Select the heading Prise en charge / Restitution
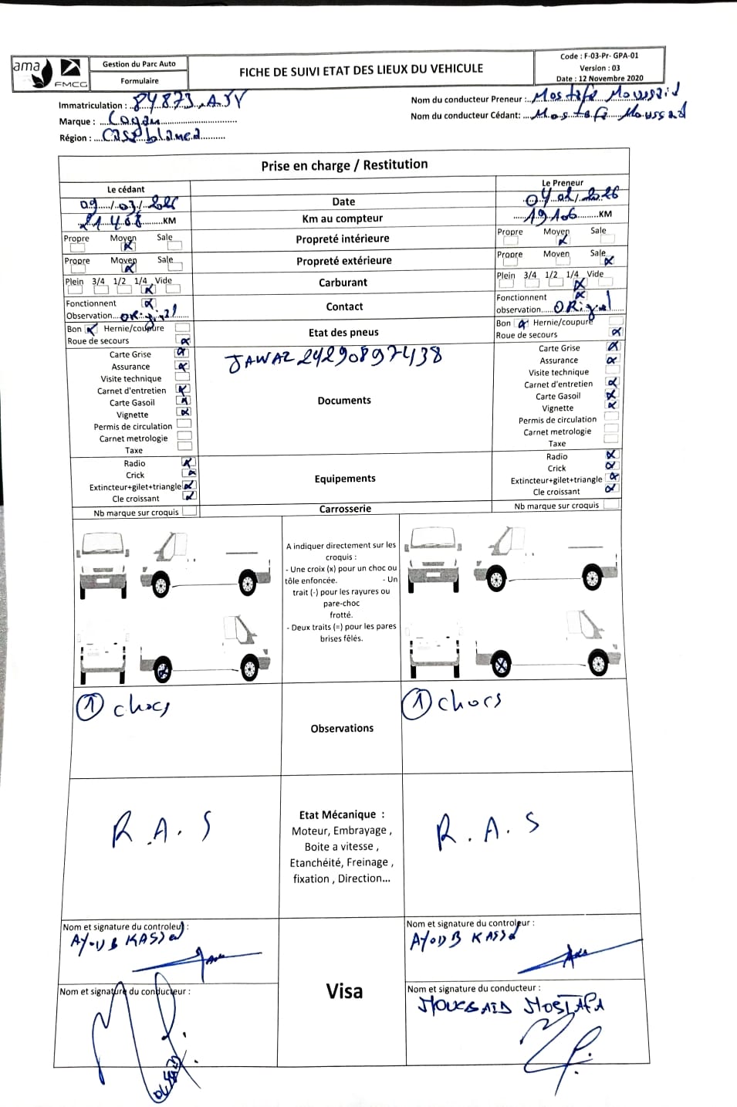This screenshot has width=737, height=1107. pyautogui.click(x=343, y=164)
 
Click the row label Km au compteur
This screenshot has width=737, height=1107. pyautogui.click(x=342, y=218)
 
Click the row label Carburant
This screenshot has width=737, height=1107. pyautogui.click(x=343, y=283)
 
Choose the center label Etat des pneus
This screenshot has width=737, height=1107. pyautogui.click(x=343, y=333)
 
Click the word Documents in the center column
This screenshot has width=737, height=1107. pyautogui.click(x=344, y=401)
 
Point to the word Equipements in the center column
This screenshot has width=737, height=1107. pyautogui.click(x=345, y=479)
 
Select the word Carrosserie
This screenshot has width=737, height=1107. pyautogui.click(x=345, y=509)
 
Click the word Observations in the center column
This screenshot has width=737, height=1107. pyautogui.click(x=342, y=728)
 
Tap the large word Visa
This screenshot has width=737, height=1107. pyautogui.click(x=344, y=991)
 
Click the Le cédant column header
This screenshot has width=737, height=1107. pyautogui.click(x=126, y=189)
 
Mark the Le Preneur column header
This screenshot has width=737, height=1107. pyautogui.click(x=563, y=183)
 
